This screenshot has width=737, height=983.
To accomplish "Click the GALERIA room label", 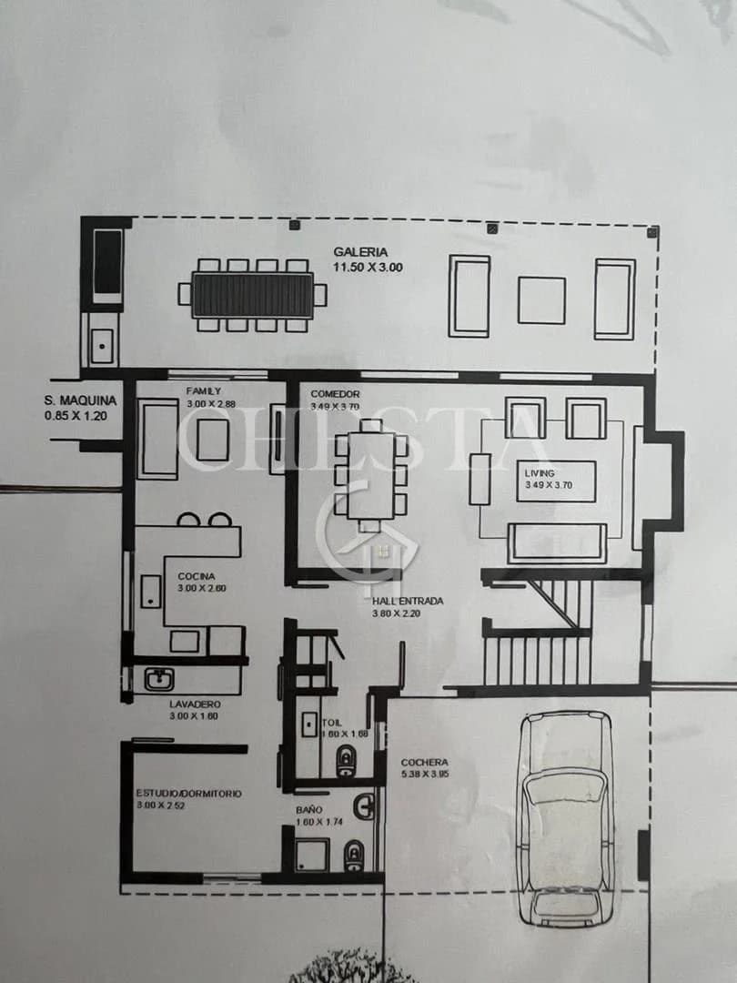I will coord(360,252).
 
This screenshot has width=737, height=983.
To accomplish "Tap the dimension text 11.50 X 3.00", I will coord(368,268).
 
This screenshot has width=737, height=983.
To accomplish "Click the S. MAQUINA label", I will coord(80,400).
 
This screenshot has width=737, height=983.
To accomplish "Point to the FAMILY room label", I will coord(204,391).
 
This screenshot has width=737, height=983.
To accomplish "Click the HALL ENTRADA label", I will coord(407,602).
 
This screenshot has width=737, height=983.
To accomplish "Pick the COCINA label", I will coord(196,576).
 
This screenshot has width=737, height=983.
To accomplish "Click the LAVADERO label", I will coord(195,704).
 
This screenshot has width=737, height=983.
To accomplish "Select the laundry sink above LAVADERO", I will coord(159,680).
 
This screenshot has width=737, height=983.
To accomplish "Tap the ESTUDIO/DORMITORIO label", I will coord(189,794).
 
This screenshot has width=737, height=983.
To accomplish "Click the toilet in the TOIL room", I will coord(346,761).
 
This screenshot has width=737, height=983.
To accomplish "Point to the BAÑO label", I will coord(308,809).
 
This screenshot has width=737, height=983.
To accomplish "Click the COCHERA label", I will coord(425,763).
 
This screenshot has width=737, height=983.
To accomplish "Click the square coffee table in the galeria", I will coord(541,299).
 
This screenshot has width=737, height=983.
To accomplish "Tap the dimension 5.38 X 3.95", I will coord(425,775).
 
